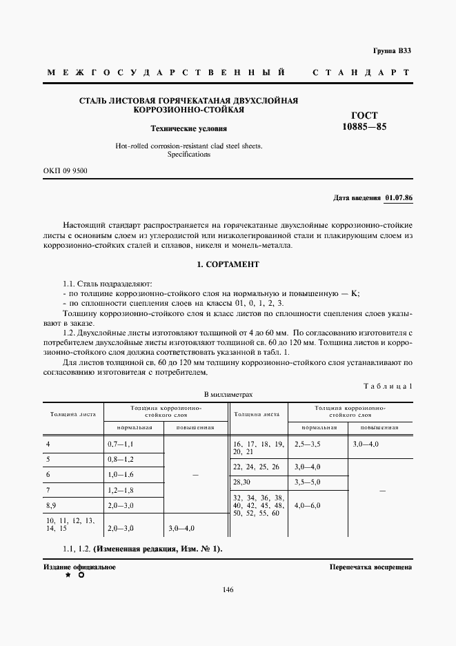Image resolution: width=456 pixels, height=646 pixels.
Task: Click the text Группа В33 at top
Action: coord(393,51)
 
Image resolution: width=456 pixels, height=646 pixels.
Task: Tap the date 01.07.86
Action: coord(398,198)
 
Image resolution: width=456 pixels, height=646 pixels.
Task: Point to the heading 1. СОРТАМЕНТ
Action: coord(227,264)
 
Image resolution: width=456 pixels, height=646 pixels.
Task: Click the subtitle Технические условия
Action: coord(189,128)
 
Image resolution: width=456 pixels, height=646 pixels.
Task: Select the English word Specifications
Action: coord(189,155)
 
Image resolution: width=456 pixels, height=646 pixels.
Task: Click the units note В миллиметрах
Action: coord(228,394)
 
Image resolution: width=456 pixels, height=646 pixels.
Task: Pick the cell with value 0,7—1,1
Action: coord(121,444)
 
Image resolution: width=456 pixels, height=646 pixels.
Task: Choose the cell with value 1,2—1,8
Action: coord(121,490)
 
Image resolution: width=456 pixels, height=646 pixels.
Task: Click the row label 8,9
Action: coord(52,505)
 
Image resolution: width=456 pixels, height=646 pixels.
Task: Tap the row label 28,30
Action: coord(243,481)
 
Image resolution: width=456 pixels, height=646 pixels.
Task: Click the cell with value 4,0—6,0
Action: coord(307,505)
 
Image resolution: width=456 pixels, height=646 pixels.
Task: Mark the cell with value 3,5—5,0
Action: coord(307,481)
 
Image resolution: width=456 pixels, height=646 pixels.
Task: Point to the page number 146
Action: coord(228,589)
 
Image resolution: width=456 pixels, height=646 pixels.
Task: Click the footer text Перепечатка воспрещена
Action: coord(370,567)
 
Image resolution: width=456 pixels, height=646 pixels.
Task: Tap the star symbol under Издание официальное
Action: coord(68,575)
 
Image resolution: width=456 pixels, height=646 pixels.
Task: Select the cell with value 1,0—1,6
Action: coord(121,475)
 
